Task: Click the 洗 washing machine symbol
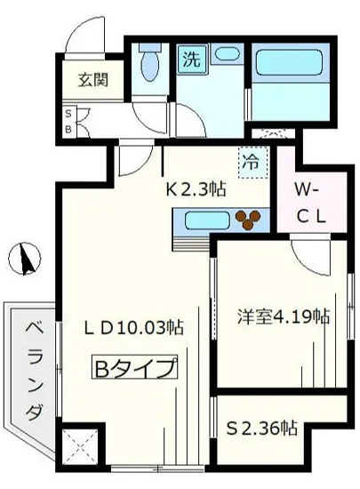point(191,60)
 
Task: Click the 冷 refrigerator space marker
point(252,162)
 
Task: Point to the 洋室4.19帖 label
point(284,317)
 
